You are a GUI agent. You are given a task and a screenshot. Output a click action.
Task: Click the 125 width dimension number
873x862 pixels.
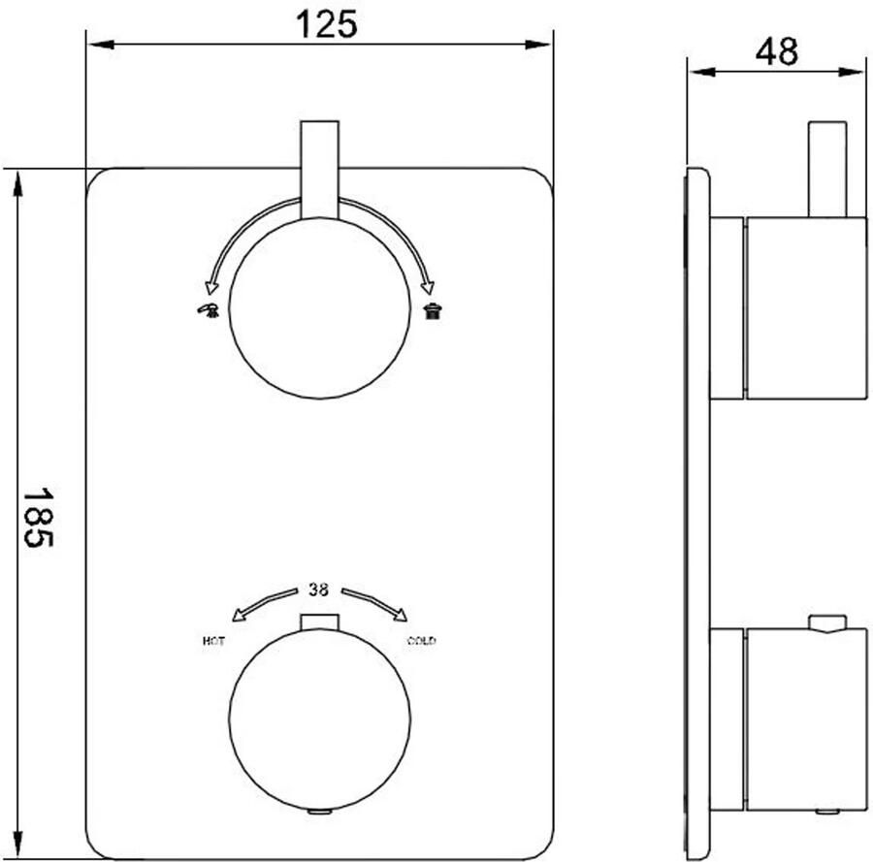(326, 25)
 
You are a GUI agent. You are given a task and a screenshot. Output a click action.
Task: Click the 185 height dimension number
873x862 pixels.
(37, 518)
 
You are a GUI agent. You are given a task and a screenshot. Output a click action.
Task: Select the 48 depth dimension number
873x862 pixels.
(777, 52)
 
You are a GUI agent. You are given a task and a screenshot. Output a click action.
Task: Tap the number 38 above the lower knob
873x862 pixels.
(318, 590)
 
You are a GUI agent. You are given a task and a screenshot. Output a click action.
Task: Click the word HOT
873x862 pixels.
(213, 641)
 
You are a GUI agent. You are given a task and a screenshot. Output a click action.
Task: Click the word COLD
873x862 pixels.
(422, 641)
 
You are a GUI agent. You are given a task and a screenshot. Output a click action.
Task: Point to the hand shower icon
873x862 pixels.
(209, 310)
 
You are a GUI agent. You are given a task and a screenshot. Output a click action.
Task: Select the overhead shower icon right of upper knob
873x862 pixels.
(433, 310)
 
